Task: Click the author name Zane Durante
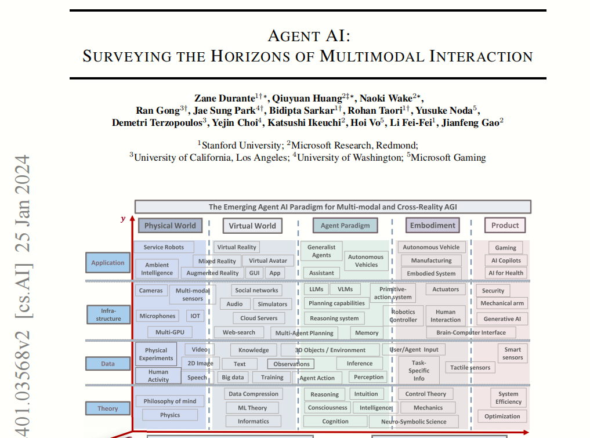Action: pyautogui.click(x=224, y=97)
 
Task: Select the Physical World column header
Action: pyautogui.click(x=169, y=226)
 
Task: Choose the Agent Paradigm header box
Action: pyautogui.click(x=345, y=226)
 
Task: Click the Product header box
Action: pyautogui.click(x=505, y=226)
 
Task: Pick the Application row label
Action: pyautogui.click(x=107, y=263)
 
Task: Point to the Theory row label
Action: pyautogui.click(x=107, y=408)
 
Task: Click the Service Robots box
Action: pyautogui.click(x=164, y=247)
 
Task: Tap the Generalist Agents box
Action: pyautogui.click(x=321, y=251)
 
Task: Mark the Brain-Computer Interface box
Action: pyautogui.click(x=470, y=332)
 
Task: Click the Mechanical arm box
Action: pyautogui.click(x=502, y=303)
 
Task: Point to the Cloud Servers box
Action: pyautogui.click(x=259, y=318)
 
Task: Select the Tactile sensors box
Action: pyautogui.click(x=470, y=367)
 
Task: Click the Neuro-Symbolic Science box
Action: pyautogui.click(x=413, y=422)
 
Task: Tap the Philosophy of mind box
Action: pyautogui.click(x=169, y=401)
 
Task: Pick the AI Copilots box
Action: pyautogui.click(x=506, y=260)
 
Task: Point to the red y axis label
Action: pyautogui.click(x=123, y=219)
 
